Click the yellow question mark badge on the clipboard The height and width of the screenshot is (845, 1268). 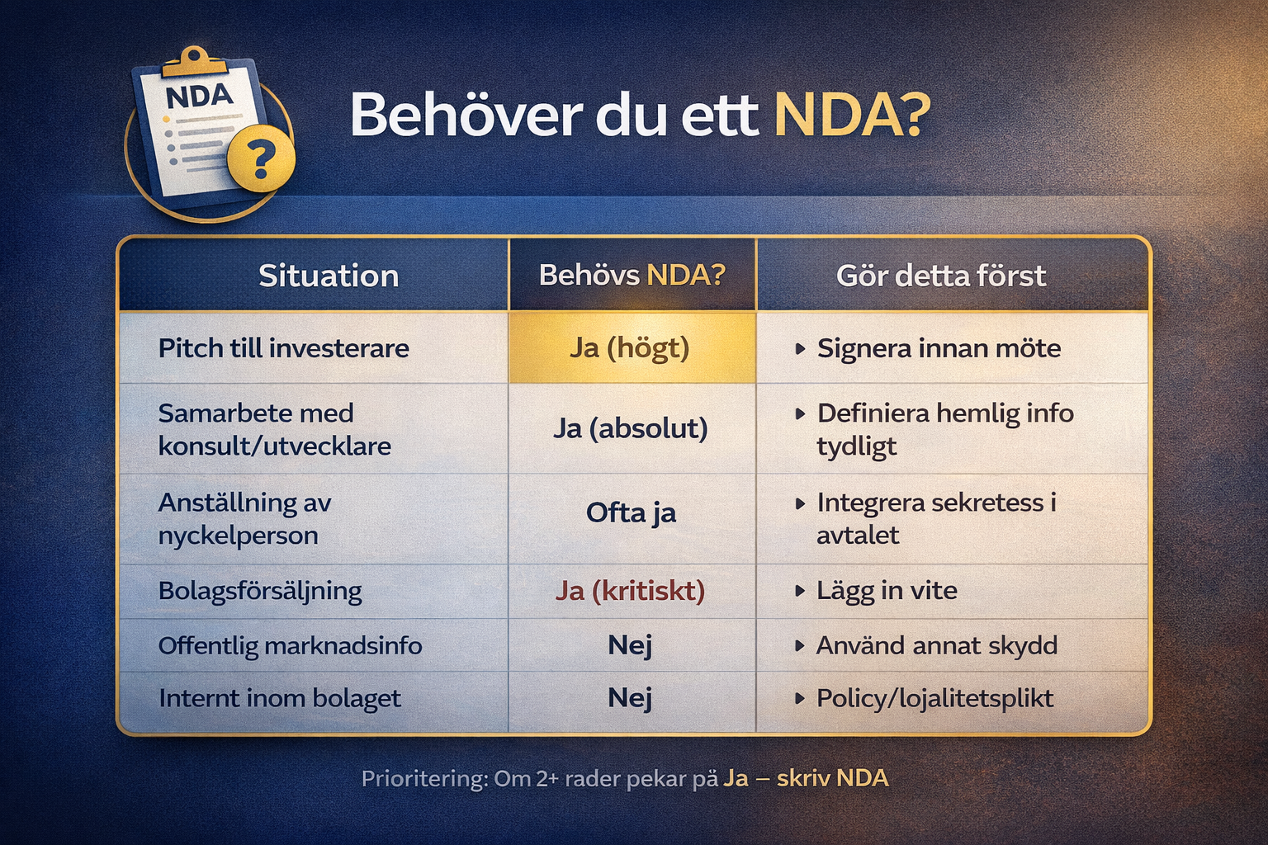click(261, 158)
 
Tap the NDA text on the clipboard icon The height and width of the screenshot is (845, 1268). click(199, 97)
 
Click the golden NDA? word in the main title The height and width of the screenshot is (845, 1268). click(852, 116)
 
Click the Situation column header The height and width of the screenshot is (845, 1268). click(329, 276)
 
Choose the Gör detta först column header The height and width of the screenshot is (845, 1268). click(941, 276)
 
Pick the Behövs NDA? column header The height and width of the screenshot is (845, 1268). click(632, 275)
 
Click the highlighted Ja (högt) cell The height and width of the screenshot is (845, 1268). click(632, 347)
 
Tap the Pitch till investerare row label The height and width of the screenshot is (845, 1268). click(284, 348)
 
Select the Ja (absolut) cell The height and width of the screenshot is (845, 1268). click(631, 428)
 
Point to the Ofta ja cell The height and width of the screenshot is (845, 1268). click(632, 513)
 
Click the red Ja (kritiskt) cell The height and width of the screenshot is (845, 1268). click(630, 592)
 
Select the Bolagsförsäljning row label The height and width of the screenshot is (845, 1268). click(260, 592)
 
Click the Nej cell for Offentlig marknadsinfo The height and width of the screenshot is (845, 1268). click(630, 646)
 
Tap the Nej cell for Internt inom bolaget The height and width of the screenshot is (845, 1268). click(630, 698)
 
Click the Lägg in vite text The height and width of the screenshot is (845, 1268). click(887, 591)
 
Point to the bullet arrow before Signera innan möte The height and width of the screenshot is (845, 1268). click(801, 348)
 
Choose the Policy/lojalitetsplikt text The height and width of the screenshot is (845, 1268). click(935, 699)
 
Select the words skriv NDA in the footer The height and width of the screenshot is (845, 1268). click(833, 779)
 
